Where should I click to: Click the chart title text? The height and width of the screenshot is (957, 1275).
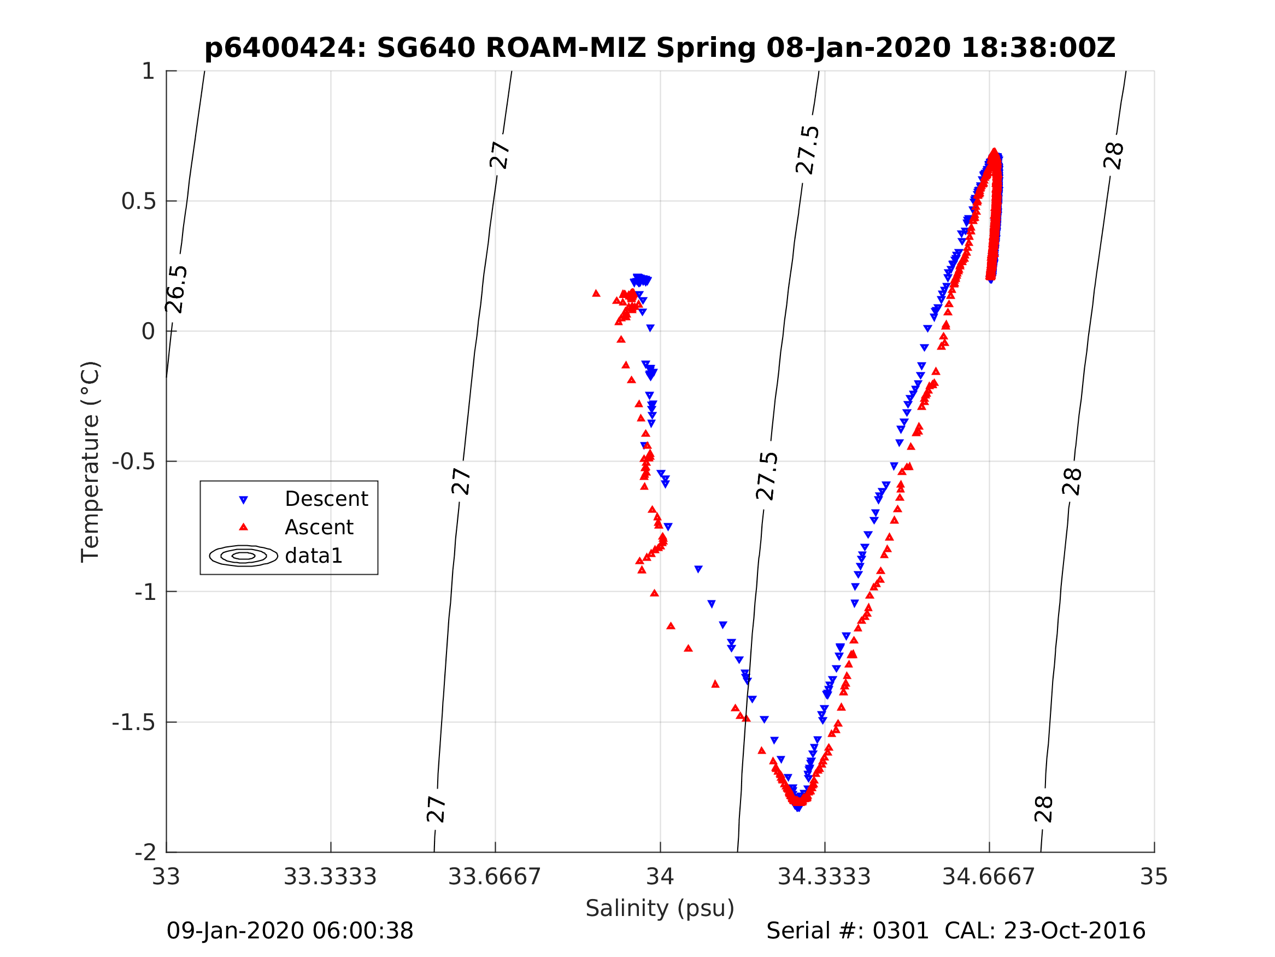pyautogui.click(x=660, y=48)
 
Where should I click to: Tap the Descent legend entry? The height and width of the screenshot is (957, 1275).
pyautogui.click(x=326, y=499)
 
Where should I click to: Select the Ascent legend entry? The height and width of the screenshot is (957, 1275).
pyautogui.click(x=319, y=527)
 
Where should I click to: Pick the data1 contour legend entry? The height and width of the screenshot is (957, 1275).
pyautogui.click(x=314, y=556)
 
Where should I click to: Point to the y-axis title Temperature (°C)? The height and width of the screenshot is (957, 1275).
pyautogui.click(x=91, y=462)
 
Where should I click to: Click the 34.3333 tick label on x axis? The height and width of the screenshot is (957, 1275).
pyautogui.click(x=824, y=877)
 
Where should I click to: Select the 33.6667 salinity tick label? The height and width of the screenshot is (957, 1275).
pyautogui.click(x=495, y=877)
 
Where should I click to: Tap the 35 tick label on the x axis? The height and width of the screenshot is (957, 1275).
pyautogui.click(x=1154, y=877)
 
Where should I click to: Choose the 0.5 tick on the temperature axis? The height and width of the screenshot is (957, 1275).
pyautogui.click(x=138, y=201)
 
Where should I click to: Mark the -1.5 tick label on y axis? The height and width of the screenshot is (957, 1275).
pyautogui.click(x=134, y=722)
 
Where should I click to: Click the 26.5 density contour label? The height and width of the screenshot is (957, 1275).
pyautogui.click(x=177, y=289)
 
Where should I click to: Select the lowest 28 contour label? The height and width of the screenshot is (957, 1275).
pyautogui.click(x=1044, y=809)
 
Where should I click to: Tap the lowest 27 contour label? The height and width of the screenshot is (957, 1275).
pyautogui.click(x=436, y=809)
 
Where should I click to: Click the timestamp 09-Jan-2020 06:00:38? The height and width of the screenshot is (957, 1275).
pyautogui.click(x=290, y=930)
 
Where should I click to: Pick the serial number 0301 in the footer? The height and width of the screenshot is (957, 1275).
pyautogui.click(x=900, y=930)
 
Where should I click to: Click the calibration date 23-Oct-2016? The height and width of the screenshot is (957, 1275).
pyautogui.click(x=1074, y=930)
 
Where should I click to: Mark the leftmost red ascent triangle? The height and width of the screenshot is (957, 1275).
pyautogui.click(x=596, y=294)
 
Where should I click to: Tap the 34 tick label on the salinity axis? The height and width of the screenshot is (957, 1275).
pyautogui.click(x=660, y=877)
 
